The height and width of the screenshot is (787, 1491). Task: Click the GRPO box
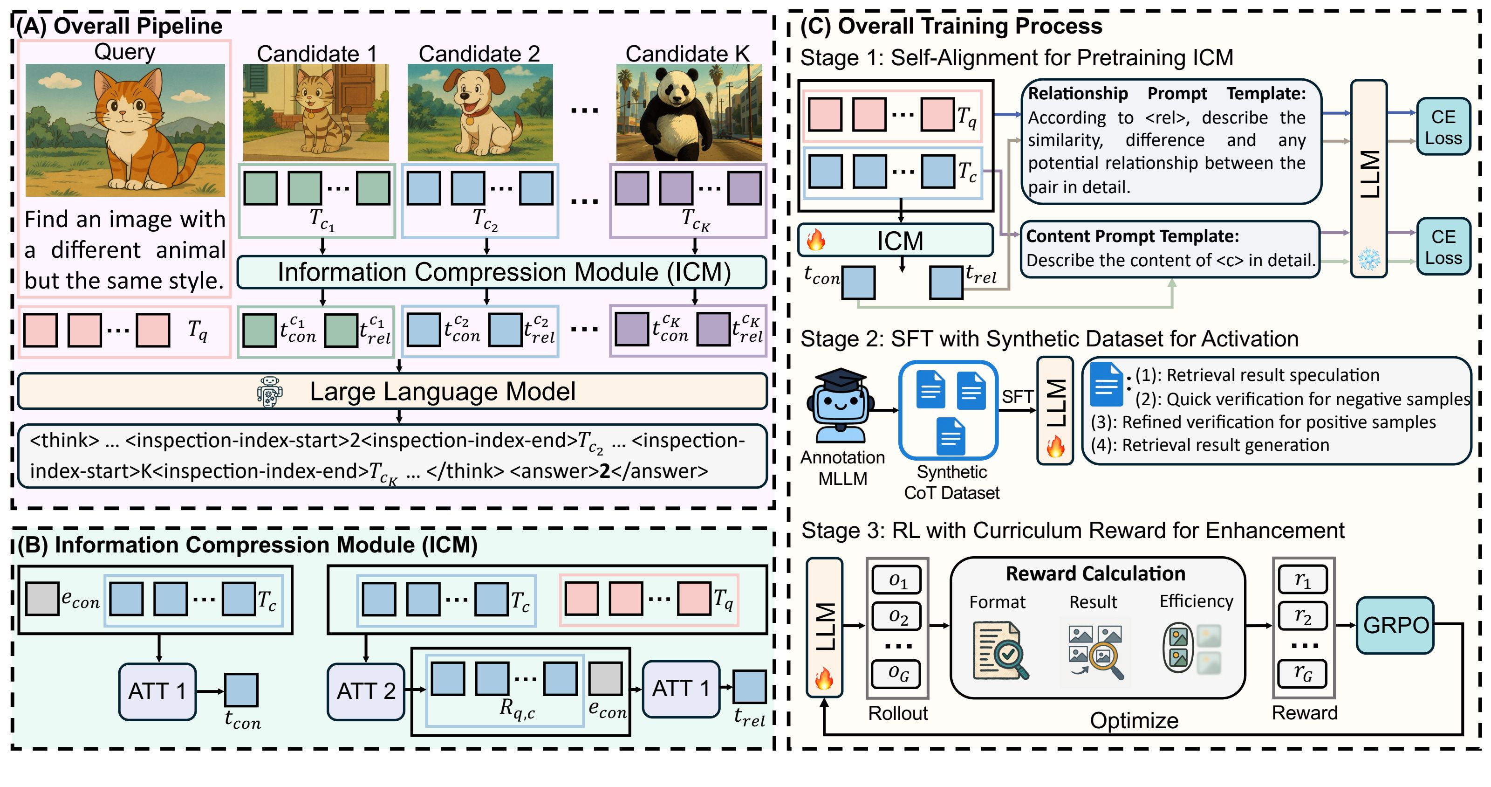(x=1395, y=625)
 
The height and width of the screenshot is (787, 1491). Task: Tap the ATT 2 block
(x=366, y=691)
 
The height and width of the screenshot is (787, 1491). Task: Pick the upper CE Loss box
(x=1443, y=127)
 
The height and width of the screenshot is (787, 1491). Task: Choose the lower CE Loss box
(x=1443, y=247)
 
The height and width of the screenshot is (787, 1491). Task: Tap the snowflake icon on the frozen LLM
(x=1369, y=259)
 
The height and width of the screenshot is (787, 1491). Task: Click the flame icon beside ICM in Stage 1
(x=816, y=240)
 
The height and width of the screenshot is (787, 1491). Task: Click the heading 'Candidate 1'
(x=317, y=54)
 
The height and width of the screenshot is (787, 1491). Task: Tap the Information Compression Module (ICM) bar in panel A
(x=502, y=272)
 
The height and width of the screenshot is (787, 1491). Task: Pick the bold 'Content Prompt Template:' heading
(x=1132, y=236)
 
